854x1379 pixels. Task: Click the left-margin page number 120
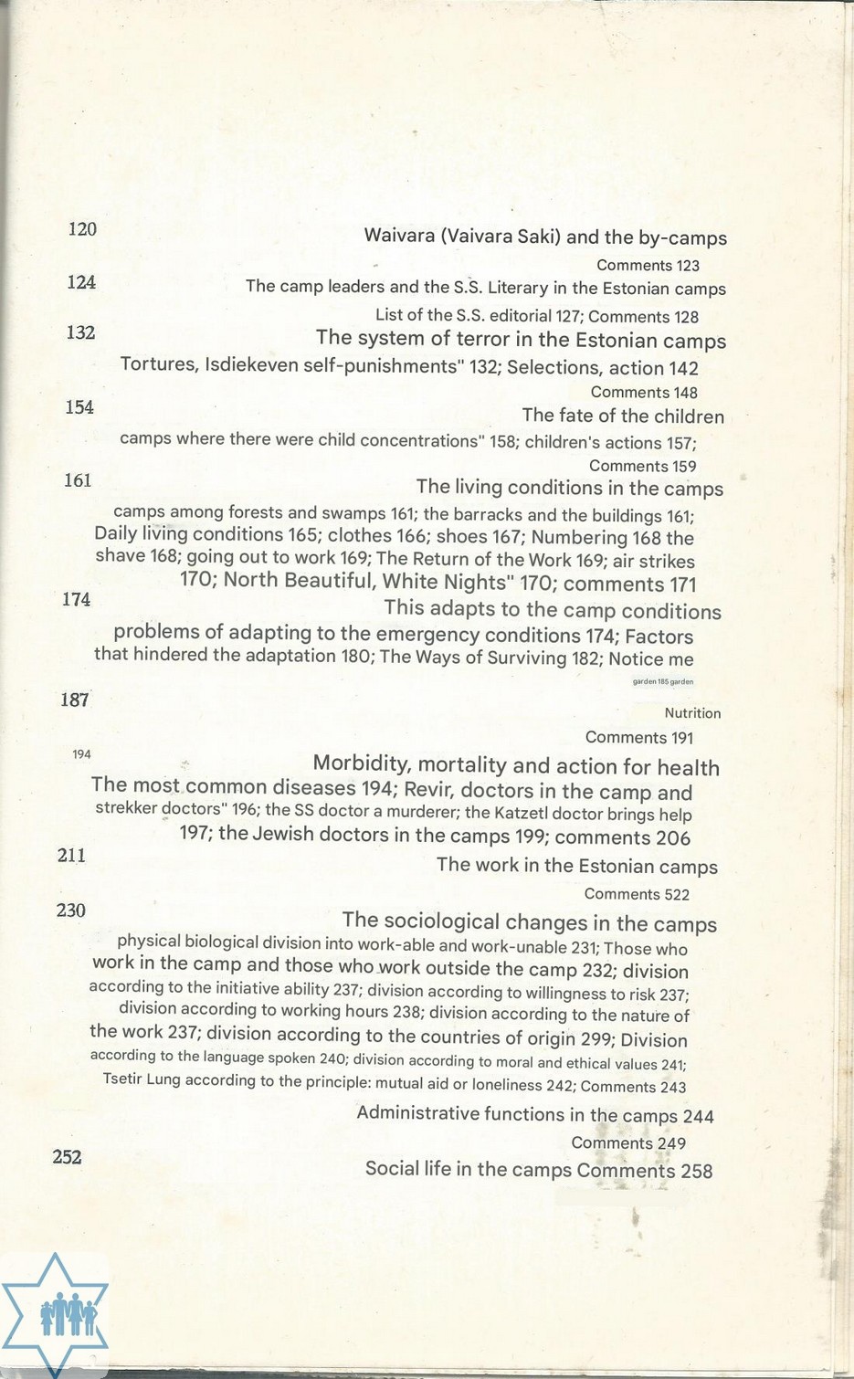click(x=82, y=229)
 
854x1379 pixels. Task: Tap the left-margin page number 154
click(x=79, y=407)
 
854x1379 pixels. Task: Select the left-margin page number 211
click(x=71, y=856)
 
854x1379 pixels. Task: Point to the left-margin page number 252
click(x=67, y=1157)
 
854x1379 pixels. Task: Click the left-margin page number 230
click(x=70, y=911)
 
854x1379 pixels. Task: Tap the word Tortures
click(x=160, y=365)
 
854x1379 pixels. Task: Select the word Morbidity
click(x=360, y=764)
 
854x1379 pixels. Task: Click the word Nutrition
click(x=692, y=713)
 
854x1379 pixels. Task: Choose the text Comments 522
click(x=637, y=894)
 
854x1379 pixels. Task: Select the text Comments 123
click(x=648, y=266)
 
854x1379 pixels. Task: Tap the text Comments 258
click(x=644, y=1171)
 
